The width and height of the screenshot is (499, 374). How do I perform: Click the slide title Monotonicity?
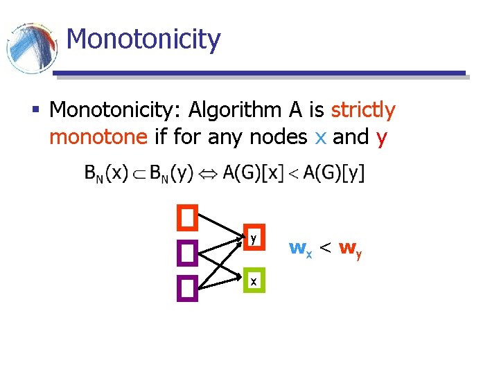point(143,39)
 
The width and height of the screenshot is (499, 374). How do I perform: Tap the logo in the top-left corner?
point(31,48)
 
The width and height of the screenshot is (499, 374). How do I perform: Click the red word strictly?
point(362,110)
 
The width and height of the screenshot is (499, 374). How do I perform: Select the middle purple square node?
point(187,253)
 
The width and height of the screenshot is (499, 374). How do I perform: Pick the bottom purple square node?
point(187,288)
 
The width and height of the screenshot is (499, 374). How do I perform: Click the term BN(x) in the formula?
point(106,172)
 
